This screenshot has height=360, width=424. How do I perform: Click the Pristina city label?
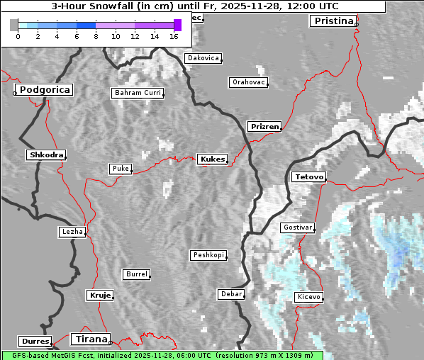[332, 21]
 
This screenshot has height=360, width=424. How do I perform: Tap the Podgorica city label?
[44, 90]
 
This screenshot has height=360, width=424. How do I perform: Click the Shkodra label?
[46, 154]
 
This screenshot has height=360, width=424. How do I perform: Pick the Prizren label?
[264, 127]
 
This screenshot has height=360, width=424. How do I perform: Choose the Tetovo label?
[309, 176]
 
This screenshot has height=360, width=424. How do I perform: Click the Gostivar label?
[297, 227]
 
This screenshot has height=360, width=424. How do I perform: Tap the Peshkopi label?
[208, 255]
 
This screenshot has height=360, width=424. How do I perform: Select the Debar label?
[231, 294]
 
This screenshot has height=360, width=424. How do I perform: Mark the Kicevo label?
[309, 296]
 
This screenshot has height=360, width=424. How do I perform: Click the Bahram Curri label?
[138, 93]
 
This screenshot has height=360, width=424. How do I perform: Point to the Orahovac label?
[249, 82]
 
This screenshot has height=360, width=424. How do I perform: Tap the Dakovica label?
[202, 58]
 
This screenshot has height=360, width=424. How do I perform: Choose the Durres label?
[35, 342]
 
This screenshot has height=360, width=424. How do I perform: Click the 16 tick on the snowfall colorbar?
[174, 36]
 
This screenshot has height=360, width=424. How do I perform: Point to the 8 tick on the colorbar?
[96, 36]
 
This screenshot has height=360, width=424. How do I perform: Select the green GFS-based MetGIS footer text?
[162, 355]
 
